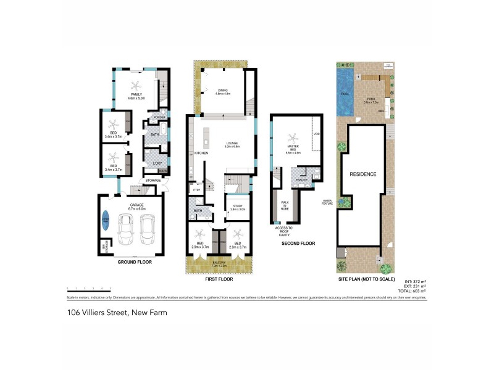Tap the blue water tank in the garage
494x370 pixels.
106,221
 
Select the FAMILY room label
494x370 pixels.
135,94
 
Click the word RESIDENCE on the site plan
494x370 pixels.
363,174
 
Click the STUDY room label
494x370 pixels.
237,207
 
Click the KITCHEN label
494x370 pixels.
202,152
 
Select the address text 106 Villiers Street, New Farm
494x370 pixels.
117,313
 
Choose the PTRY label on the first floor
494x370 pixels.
196,191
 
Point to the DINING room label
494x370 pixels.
222,92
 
